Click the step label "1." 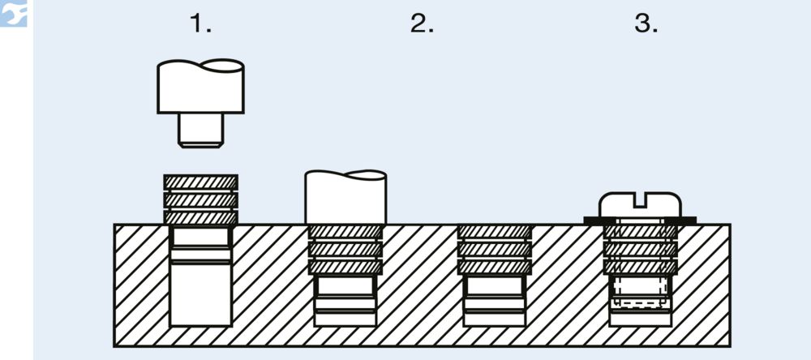200,24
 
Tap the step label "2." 422,24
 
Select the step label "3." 646,24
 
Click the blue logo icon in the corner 14,13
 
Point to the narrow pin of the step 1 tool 200,131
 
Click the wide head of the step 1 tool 200,87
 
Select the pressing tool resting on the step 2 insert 345,197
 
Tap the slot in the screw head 641,200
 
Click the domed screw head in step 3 641,205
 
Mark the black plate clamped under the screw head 640,221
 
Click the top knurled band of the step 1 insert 200,182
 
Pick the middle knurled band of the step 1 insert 200,200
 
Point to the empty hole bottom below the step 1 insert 200,295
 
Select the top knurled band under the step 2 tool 345,232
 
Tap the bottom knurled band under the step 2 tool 345,267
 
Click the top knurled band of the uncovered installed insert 495,232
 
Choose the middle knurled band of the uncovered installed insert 495,249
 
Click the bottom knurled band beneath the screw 641,267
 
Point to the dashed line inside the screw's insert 641,302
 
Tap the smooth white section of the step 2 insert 345,285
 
